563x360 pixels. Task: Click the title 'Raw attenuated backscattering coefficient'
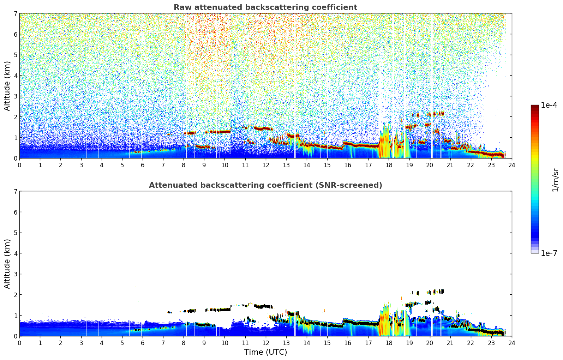coord(265,7)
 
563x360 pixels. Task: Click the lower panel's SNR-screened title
coord(265,185)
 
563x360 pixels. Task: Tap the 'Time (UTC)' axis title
coord(265,352)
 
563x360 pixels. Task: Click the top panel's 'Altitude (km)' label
coord(7,86)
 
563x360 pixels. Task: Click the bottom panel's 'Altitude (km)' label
coord(7,264)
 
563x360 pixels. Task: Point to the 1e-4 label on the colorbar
coord(549,105)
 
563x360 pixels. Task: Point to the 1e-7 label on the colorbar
coord(549,253)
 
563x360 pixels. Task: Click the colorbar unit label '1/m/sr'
coord(555,179)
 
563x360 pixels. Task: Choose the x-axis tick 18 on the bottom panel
coord(389,343)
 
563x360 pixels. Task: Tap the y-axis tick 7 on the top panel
coord(15,13)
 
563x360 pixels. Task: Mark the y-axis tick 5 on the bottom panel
coord(15,233)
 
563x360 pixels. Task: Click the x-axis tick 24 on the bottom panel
coord(512,343)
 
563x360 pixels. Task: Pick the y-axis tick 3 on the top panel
coord(15,96)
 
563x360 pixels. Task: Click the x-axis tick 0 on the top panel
coord(19,165)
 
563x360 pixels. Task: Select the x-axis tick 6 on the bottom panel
coord(143,343)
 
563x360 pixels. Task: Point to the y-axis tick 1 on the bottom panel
coord(15,316)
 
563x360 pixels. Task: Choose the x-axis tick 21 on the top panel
coord(450,165)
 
